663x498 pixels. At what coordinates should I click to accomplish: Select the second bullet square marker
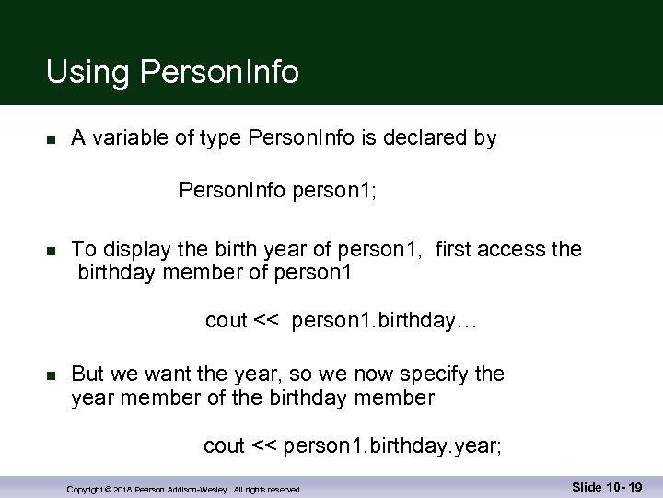pos(52,251)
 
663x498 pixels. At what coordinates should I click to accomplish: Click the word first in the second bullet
pos(456,249)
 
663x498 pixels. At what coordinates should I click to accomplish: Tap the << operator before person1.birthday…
pos(266,321)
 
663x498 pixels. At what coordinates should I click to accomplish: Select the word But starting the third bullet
pos(87,373)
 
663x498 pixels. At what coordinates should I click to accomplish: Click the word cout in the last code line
pos(224,446)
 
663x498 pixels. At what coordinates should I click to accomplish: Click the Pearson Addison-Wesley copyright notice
pos(185,489)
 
